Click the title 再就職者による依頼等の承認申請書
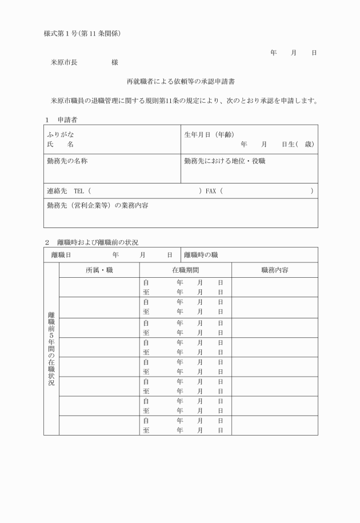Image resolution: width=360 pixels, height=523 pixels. [x=180, y=82]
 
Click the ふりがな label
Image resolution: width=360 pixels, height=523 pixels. [x=60, y=134]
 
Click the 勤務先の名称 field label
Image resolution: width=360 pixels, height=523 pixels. [x=67, y=161]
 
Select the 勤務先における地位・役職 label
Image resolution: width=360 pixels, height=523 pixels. [x=225, y=161]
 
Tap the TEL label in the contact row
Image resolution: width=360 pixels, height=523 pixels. [x=79, y=191]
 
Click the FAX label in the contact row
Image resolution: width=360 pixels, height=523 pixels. [x=211, y=191]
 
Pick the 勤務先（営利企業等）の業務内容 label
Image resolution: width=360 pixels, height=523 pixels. [x=97, y=205]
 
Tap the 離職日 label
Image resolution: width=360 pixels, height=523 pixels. [x=61, y=255]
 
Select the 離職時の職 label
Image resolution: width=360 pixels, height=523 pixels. [x=201, y=255]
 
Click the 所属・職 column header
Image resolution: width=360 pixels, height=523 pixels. [x=99, y=270]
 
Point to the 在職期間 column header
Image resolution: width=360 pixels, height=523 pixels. [x=185, y=270]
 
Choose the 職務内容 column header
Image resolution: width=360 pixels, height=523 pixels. [x=274, y=270]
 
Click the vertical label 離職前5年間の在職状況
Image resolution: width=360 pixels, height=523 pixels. [x=51, y=348]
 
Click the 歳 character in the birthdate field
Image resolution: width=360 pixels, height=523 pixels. [x=309, y=144]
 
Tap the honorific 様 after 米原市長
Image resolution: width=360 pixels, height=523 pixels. [x=115, y=62]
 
